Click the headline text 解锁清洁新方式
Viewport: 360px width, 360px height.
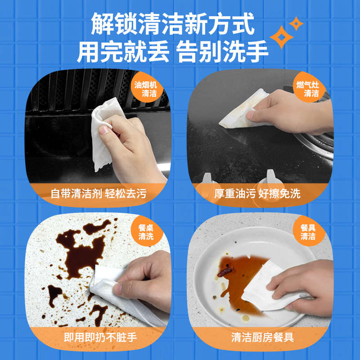coord(172,24)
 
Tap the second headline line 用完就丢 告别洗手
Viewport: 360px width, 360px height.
coord(172,52)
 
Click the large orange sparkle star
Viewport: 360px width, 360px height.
coord(282,36)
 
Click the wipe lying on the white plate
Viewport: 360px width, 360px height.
coord(265,288)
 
